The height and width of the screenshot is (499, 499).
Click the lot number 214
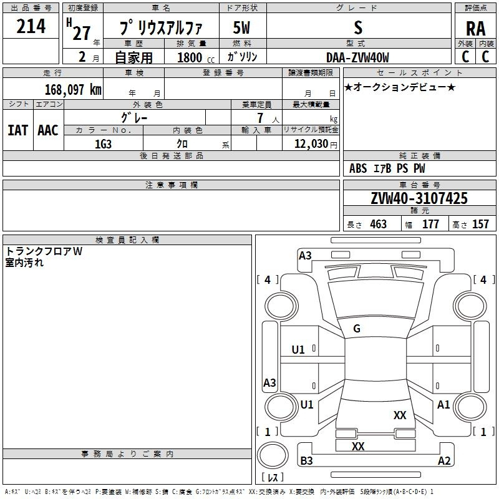point(31,27)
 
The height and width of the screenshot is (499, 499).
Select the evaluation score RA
point(475,29)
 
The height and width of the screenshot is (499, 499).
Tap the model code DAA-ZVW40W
point(358,57)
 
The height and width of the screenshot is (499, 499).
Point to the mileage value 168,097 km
point(72,89)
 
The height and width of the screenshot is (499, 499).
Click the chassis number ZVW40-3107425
point(419,198)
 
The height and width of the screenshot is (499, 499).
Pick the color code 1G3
point(103,143)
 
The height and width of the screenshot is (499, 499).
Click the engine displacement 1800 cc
point(190,57)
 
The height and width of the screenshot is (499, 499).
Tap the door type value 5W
point(242,28)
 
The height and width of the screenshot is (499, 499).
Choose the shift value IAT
point(17,130)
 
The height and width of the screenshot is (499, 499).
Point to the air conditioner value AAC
point(47,130)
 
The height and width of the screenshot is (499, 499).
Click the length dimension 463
point(378,224)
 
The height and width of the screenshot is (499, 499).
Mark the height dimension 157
point(480,224)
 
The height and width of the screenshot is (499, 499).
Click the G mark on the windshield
point(357,329)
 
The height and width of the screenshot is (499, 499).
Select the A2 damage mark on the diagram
point(444,461)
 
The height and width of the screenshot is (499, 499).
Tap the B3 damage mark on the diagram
point(306,461)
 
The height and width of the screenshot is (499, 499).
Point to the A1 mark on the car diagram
point(443,405)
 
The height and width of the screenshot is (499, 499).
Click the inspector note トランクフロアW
point(44,251)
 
